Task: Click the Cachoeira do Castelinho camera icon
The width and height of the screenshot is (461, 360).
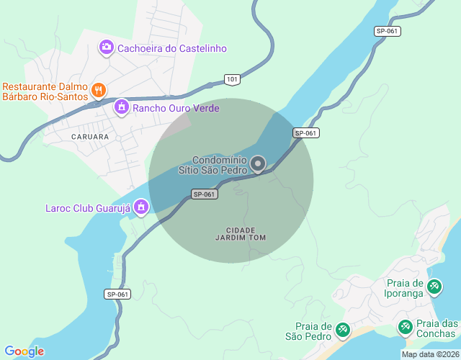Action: pos(107,48)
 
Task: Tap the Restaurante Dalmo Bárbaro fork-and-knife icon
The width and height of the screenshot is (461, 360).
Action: pos(99,90)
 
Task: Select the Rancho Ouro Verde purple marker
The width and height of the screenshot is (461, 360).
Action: pos(122,107)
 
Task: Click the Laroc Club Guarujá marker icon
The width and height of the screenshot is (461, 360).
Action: pos(142,209)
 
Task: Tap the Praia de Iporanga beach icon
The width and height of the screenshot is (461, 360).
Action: pos(434,287)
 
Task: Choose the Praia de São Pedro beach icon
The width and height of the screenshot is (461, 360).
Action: pos(343,330)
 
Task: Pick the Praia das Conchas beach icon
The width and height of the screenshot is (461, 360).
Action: pos(406,328)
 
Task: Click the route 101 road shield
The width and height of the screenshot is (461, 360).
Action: pos(231,78)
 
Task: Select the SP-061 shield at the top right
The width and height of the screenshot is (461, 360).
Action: pos(388,31)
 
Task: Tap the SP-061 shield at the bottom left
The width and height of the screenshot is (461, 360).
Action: pos(117,294)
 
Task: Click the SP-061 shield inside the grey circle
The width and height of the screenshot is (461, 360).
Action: pos(205,194)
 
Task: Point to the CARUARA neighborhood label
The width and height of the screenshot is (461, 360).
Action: pos(90,136)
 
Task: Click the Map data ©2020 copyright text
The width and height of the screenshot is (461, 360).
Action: pos(429,354)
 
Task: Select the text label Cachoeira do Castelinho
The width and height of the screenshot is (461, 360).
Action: pos(172,48)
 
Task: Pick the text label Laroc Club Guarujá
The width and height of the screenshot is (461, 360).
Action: pos(86,209)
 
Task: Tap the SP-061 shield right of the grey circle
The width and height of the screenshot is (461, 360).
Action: pos(305,133)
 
